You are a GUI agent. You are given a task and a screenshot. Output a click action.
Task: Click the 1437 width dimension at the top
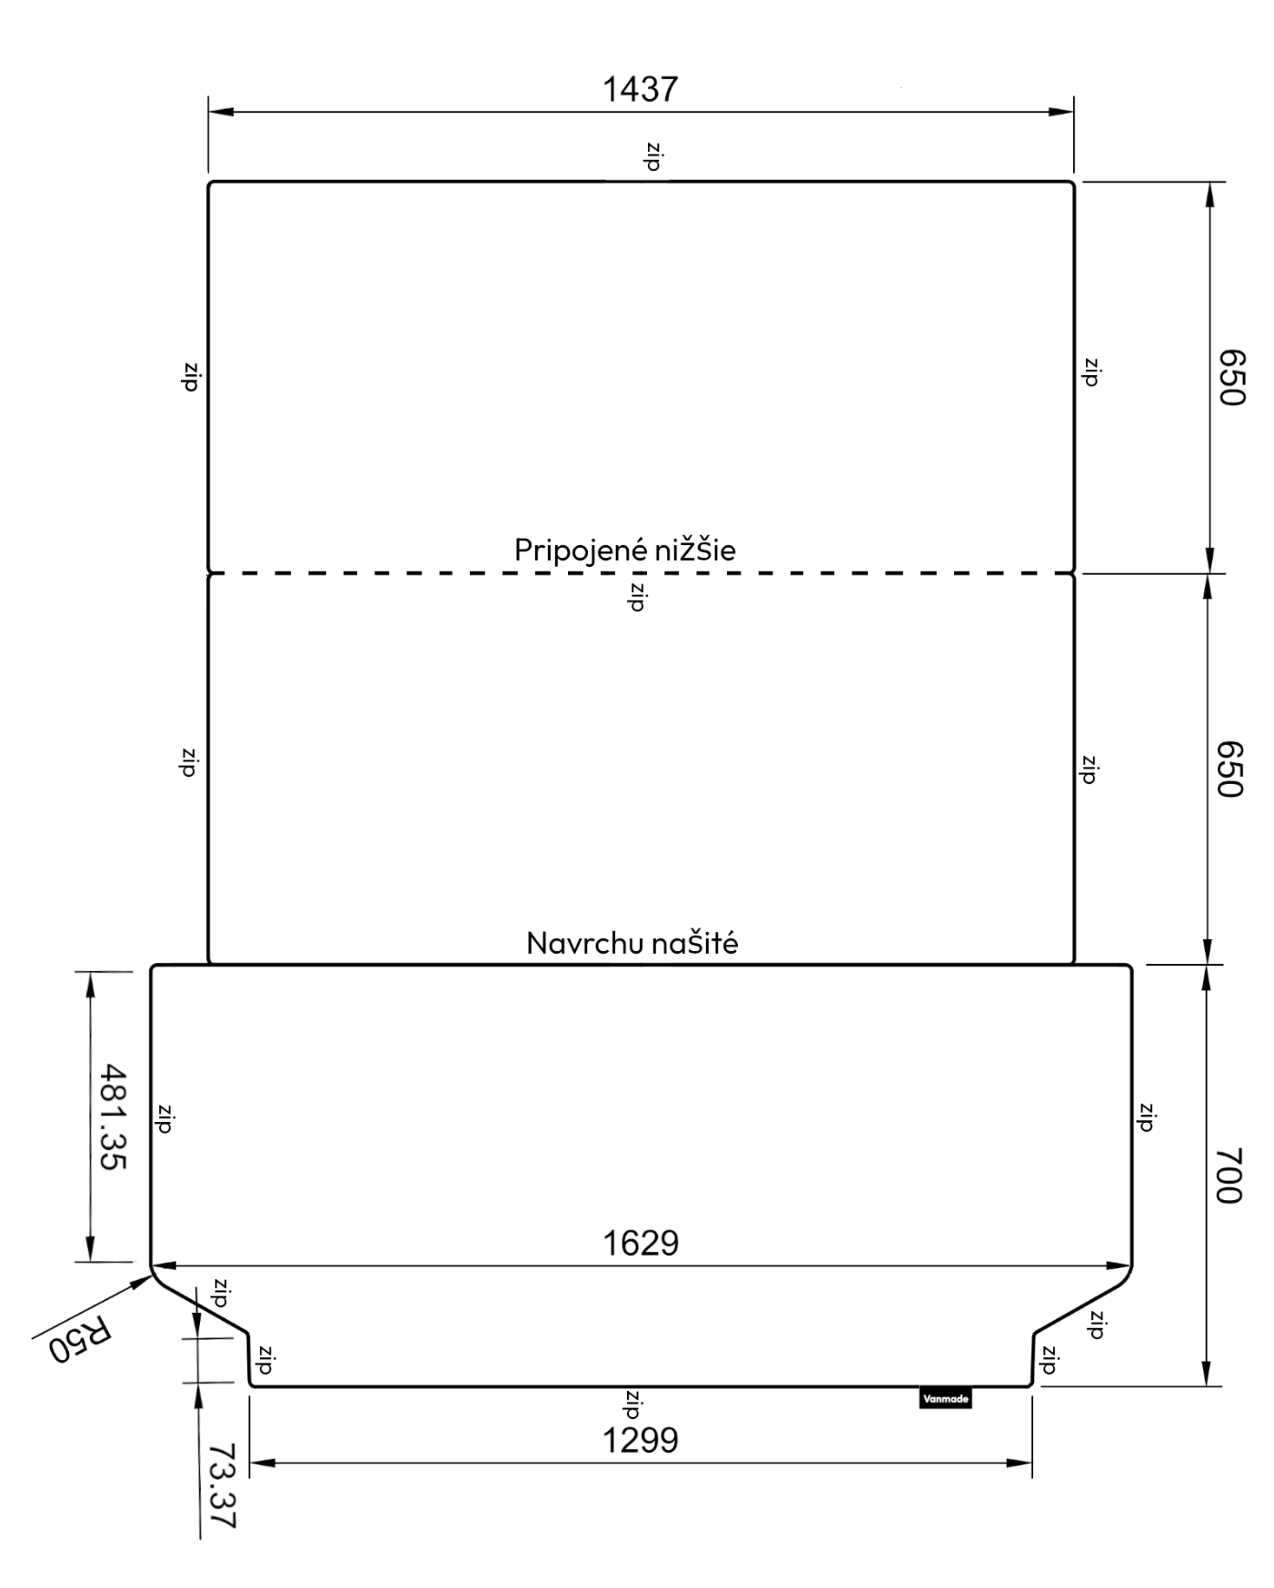pos(641,89)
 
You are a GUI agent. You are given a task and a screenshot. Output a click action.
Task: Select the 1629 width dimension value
pos(641,1243)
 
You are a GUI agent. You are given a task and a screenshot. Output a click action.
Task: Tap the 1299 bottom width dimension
pos(641,1440)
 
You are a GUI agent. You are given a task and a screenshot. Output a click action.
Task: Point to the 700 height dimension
pos(1229,1176)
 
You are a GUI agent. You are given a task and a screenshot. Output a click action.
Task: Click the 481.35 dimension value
pos(113,1117)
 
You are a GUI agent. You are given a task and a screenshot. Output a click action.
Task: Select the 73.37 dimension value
pos(222,1486)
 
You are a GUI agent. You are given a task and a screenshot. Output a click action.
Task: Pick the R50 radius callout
pos(81,1339)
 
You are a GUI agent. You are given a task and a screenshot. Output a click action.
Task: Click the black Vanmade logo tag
pos(945,1398)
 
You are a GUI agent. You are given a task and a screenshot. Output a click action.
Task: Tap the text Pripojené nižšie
pos(625,550)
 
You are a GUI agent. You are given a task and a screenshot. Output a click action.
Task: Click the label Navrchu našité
pos(632,943)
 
